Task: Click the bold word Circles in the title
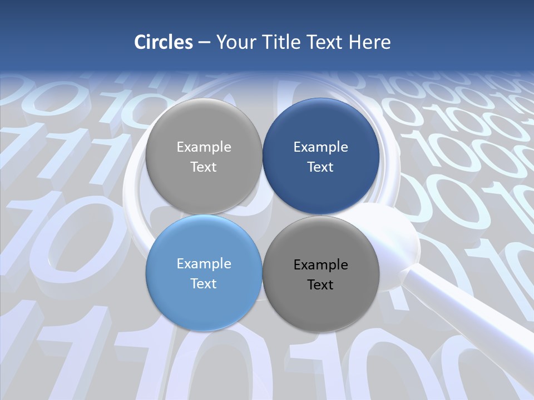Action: [164, 42]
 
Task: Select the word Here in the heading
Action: [369, 42]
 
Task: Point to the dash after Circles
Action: [204, 43]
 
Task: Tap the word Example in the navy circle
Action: [321, 147]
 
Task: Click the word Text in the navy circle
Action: [321, 167]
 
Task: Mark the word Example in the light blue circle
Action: [204, 263]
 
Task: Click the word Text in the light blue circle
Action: [204, 283]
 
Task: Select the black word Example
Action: [321, 264]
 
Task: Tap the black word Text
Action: [321, 284]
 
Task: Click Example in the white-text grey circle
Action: [204, 147]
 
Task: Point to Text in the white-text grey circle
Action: [204, 167]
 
